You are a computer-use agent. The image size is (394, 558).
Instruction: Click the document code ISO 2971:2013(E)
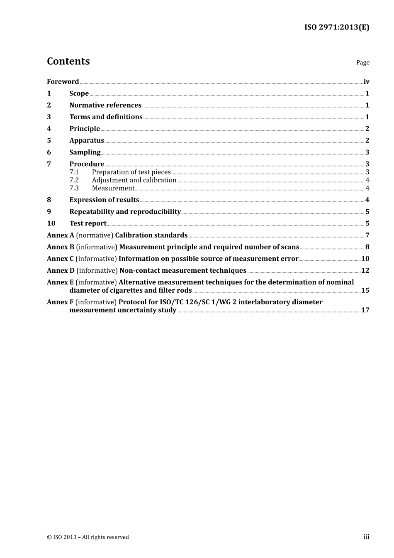pos(336,27)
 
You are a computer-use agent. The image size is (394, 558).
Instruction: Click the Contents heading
pos(68,61)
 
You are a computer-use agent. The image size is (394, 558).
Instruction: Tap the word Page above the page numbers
pos(362,63)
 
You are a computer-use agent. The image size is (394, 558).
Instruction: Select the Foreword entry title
pos(63,82)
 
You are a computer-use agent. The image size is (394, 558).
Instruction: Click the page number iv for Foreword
pos(366,82)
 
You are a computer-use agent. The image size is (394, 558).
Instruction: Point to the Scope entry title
pos(79,93)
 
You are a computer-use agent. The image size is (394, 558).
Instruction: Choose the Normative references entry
pos(105,105)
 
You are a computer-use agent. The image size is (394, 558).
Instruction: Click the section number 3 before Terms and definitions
pos(49,117)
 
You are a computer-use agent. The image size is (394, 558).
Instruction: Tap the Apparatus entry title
pos(87,141)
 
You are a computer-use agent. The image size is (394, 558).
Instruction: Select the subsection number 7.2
pos(74,180)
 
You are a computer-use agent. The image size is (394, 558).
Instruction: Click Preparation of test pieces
pos(131,172)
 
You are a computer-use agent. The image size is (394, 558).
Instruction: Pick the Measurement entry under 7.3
pos(113,188)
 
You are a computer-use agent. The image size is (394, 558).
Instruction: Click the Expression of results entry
pos(104,200)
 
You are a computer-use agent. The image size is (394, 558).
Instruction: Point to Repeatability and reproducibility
pos(125,212)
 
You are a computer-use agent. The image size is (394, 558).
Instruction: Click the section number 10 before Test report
pos(51,223)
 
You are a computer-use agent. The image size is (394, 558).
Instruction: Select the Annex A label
pos(61,235)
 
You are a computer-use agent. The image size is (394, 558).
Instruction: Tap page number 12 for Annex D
pos(365,271)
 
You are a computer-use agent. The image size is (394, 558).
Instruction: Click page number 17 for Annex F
pos(365,310)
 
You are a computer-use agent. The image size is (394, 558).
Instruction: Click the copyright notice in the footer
pos(88,537)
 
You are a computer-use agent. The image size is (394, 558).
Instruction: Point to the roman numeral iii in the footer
pos(366,537)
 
